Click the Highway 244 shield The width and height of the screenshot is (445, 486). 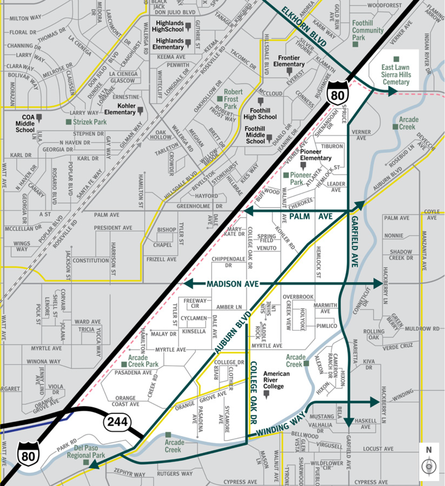point(117,422)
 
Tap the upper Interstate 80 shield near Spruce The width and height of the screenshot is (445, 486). point(338,93)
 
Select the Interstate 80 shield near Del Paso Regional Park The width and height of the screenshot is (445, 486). point(28,454)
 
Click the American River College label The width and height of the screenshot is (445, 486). point(276,380)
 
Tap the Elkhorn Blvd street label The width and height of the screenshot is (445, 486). point(303,27)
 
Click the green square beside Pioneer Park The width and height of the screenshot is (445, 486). point(286,175)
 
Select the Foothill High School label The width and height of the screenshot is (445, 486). point(260,114)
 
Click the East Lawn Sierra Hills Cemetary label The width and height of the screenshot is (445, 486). point(396,75)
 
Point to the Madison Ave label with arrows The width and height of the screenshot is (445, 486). point(233,284)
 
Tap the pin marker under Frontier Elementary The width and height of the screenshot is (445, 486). point(289,71)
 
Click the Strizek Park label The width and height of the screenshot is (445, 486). point(90,122)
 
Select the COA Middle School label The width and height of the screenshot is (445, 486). point(25,123)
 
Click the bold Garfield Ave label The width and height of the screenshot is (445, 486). point(355,241)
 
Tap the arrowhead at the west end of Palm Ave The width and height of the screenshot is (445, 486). point(248,211)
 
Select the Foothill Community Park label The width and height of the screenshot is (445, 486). point(368,30)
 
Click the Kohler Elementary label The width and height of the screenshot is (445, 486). point(120,109)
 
